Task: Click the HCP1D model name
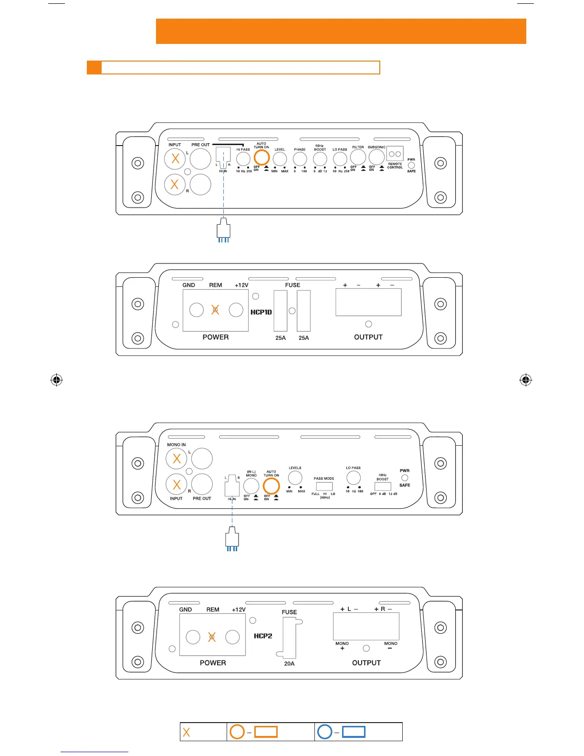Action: point(261,312)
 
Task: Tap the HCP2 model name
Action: point(263,636)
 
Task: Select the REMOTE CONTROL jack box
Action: point(395,154)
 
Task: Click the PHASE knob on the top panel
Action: point(300,159)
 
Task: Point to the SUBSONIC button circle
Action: point(376,157)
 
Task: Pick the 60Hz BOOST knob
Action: point(320,159)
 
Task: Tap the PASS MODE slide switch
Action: point(324,487)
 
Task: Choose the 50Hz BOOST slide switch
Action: point(383,486)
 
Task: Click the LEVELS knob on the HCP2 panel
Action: point(295,478)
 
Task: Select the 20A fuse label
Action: point(289,663)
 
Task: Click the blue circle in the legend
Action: point(325,732)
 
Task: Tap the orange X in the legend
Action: point(187,732)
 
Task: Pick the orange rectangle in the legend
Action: point(266,732)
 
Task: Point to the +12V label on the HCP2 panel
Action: point(239,609)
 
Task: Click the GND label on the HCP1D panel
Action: point(188,285)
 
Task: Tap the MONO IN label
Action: point(177,444)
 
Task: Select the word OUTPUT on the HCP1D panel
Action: point(368,337)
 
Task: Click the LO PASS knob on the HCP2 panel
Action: point(354,478)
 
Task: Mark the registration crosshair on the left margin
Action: point(56,380)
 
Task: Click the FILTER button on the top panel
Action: point(358,157)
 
